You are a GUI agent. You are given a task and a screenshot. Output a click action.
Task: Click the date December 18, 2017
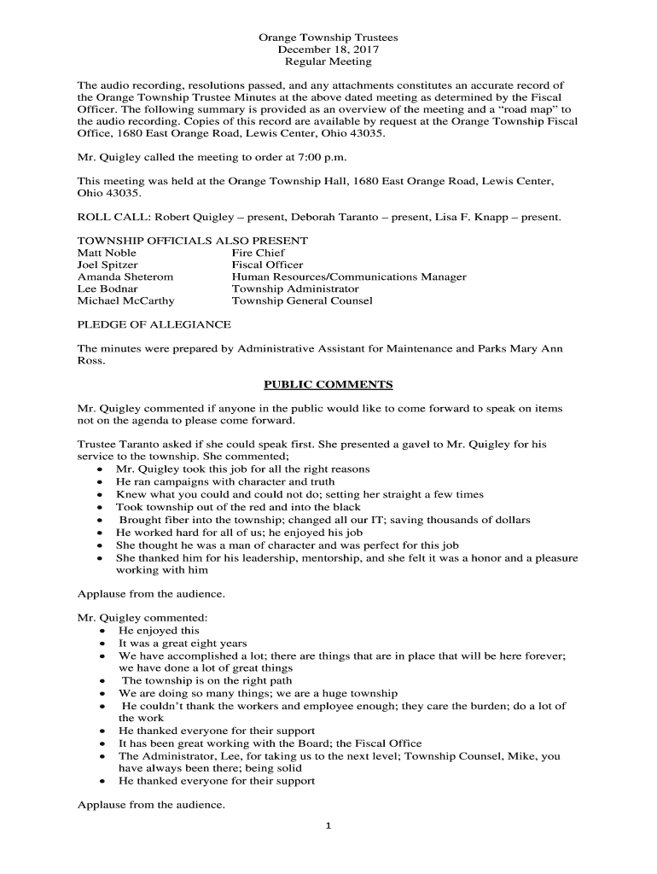click(328, 50)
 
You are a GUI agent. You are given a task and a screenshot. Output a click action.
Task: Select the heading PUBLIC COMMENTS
click(328, 384)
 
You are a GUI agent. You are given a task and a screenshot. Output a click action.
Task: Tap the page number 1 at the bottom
click(328, 824)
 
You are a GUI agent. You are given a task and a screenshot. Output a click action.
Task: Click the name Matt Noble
click(107, 253)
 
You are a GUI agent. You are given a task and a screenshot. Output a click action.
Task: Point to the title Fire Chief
click(258, 253)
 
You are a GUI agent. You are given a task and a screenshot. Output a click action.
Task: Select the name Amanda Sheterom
click(125, 277)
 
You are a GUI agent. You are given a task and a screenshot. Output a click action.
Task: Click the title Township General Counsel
click(302, 300)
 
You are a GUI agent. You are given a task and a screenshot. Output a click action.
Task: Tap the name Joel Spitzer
click(108, 265)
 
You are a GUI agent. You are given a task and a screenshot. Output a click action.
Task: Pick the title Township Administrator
click(295, 288)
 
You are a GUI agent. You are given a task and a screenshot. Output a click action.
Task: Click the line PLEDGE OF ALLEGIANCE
click(154, 324)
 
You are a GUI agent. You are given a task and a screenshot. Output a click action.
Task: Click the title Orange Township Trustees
click(328, 38)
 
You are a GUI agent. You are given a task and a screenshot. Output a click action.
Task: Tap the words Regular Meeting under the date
click(328, 62)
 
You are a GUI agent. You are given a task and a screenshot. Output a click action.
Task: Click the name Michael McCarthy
click(125, 300)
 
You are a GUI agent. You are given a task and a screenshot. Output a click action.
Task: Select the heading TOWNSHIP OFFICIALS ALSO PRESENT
click(193, 241)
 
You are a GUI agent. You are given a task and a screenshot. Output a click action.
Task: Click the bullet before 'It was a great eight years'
click(102, 644)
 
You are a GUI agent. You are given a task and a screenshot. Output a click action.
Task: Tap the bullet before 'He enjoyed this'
click(102, 632)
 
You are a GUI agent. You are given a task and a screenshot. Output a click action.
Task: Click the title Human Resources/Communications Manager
click(349, 277)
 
